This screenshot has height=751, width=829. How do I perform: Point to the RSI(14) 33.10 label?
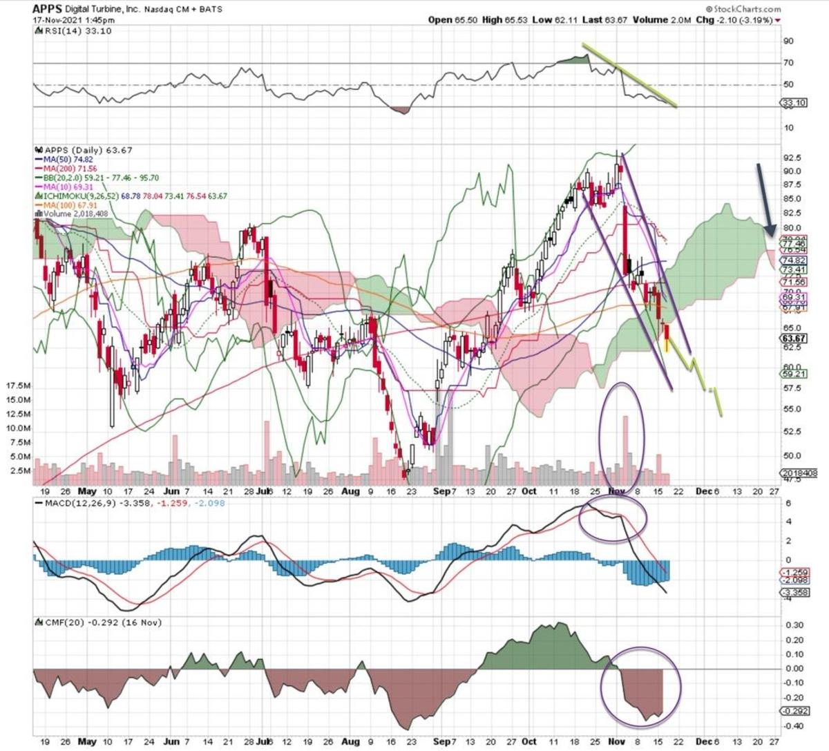click(x=73, y=31)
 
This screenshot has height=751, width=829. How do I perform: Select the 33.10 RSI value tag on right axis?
click(x=793, y=104)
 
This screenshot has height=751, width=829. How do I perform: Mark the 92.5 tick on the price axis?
click(x=792, y=158)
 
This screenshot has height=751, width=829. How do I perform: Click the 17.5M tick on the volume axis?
click(x=17, y=386)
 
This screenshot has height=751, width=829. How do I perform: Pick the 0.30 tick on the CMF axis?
click(x=793, y=625)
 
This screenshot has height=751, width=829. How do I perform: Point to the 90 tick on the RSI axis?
click(x=788, y=41)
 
